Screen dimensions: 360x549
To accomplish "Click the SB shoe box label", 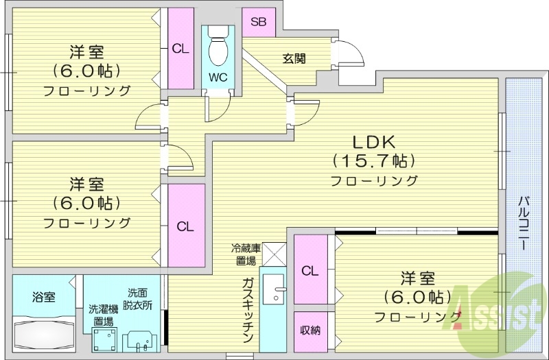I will (x=258, y=22).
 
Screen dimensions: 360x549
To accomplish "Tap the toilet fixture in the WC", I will (x=219, y=47).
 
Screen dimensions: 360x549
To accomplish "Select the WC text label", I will (x=219, y=76).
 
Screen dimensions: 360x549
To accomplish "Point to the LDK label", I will (x=373, y=143).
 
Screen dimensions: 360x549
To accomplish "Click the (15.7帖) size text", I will (x=373, y=162).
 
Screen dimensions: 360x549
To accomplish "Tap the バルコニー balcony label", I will (x=523, y=224).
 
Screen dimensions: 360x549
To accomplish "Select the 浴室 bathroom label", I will (x=44, y=297).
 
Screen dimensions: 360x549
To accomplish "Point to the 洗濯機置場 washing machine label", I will (x=104, y=314).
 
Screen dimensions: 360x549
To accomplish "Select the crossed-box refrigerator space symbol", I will (x=273, y=253).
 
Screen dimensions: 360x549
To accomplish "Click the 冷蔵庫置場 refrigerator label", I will (x=244, y=254).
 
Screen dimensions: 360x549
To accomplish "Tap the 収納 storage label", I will (x=310, y=331).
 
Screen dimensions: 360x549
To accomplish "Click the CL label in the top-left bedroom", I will (x=180, y=48).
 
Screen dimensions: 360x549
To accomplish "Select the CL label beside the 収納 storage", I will (x=310, y=270).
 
